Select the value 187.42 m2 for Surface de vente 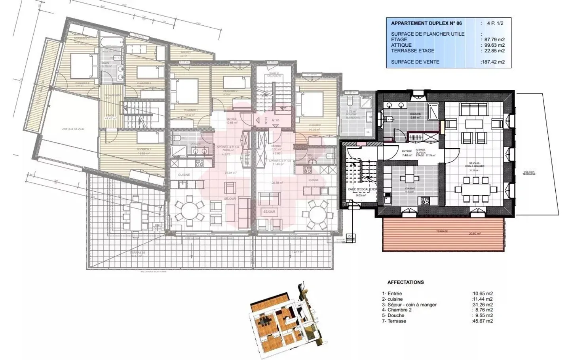point(492,62)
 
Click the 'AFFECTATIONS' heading point(405,282)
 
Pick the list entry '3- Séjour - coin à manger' point(409,305)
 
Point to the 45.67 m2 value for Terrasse point(483,321)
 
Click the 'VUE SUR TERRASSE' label point(529,173)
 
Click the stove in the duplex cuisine point(425,200)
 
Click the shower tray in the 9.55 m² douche point(434,111)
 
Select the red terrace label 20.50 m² point(474,234)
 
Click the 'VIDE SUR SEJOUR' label point(73,130)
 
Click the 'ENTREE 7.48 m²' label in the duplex point(407,153)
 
